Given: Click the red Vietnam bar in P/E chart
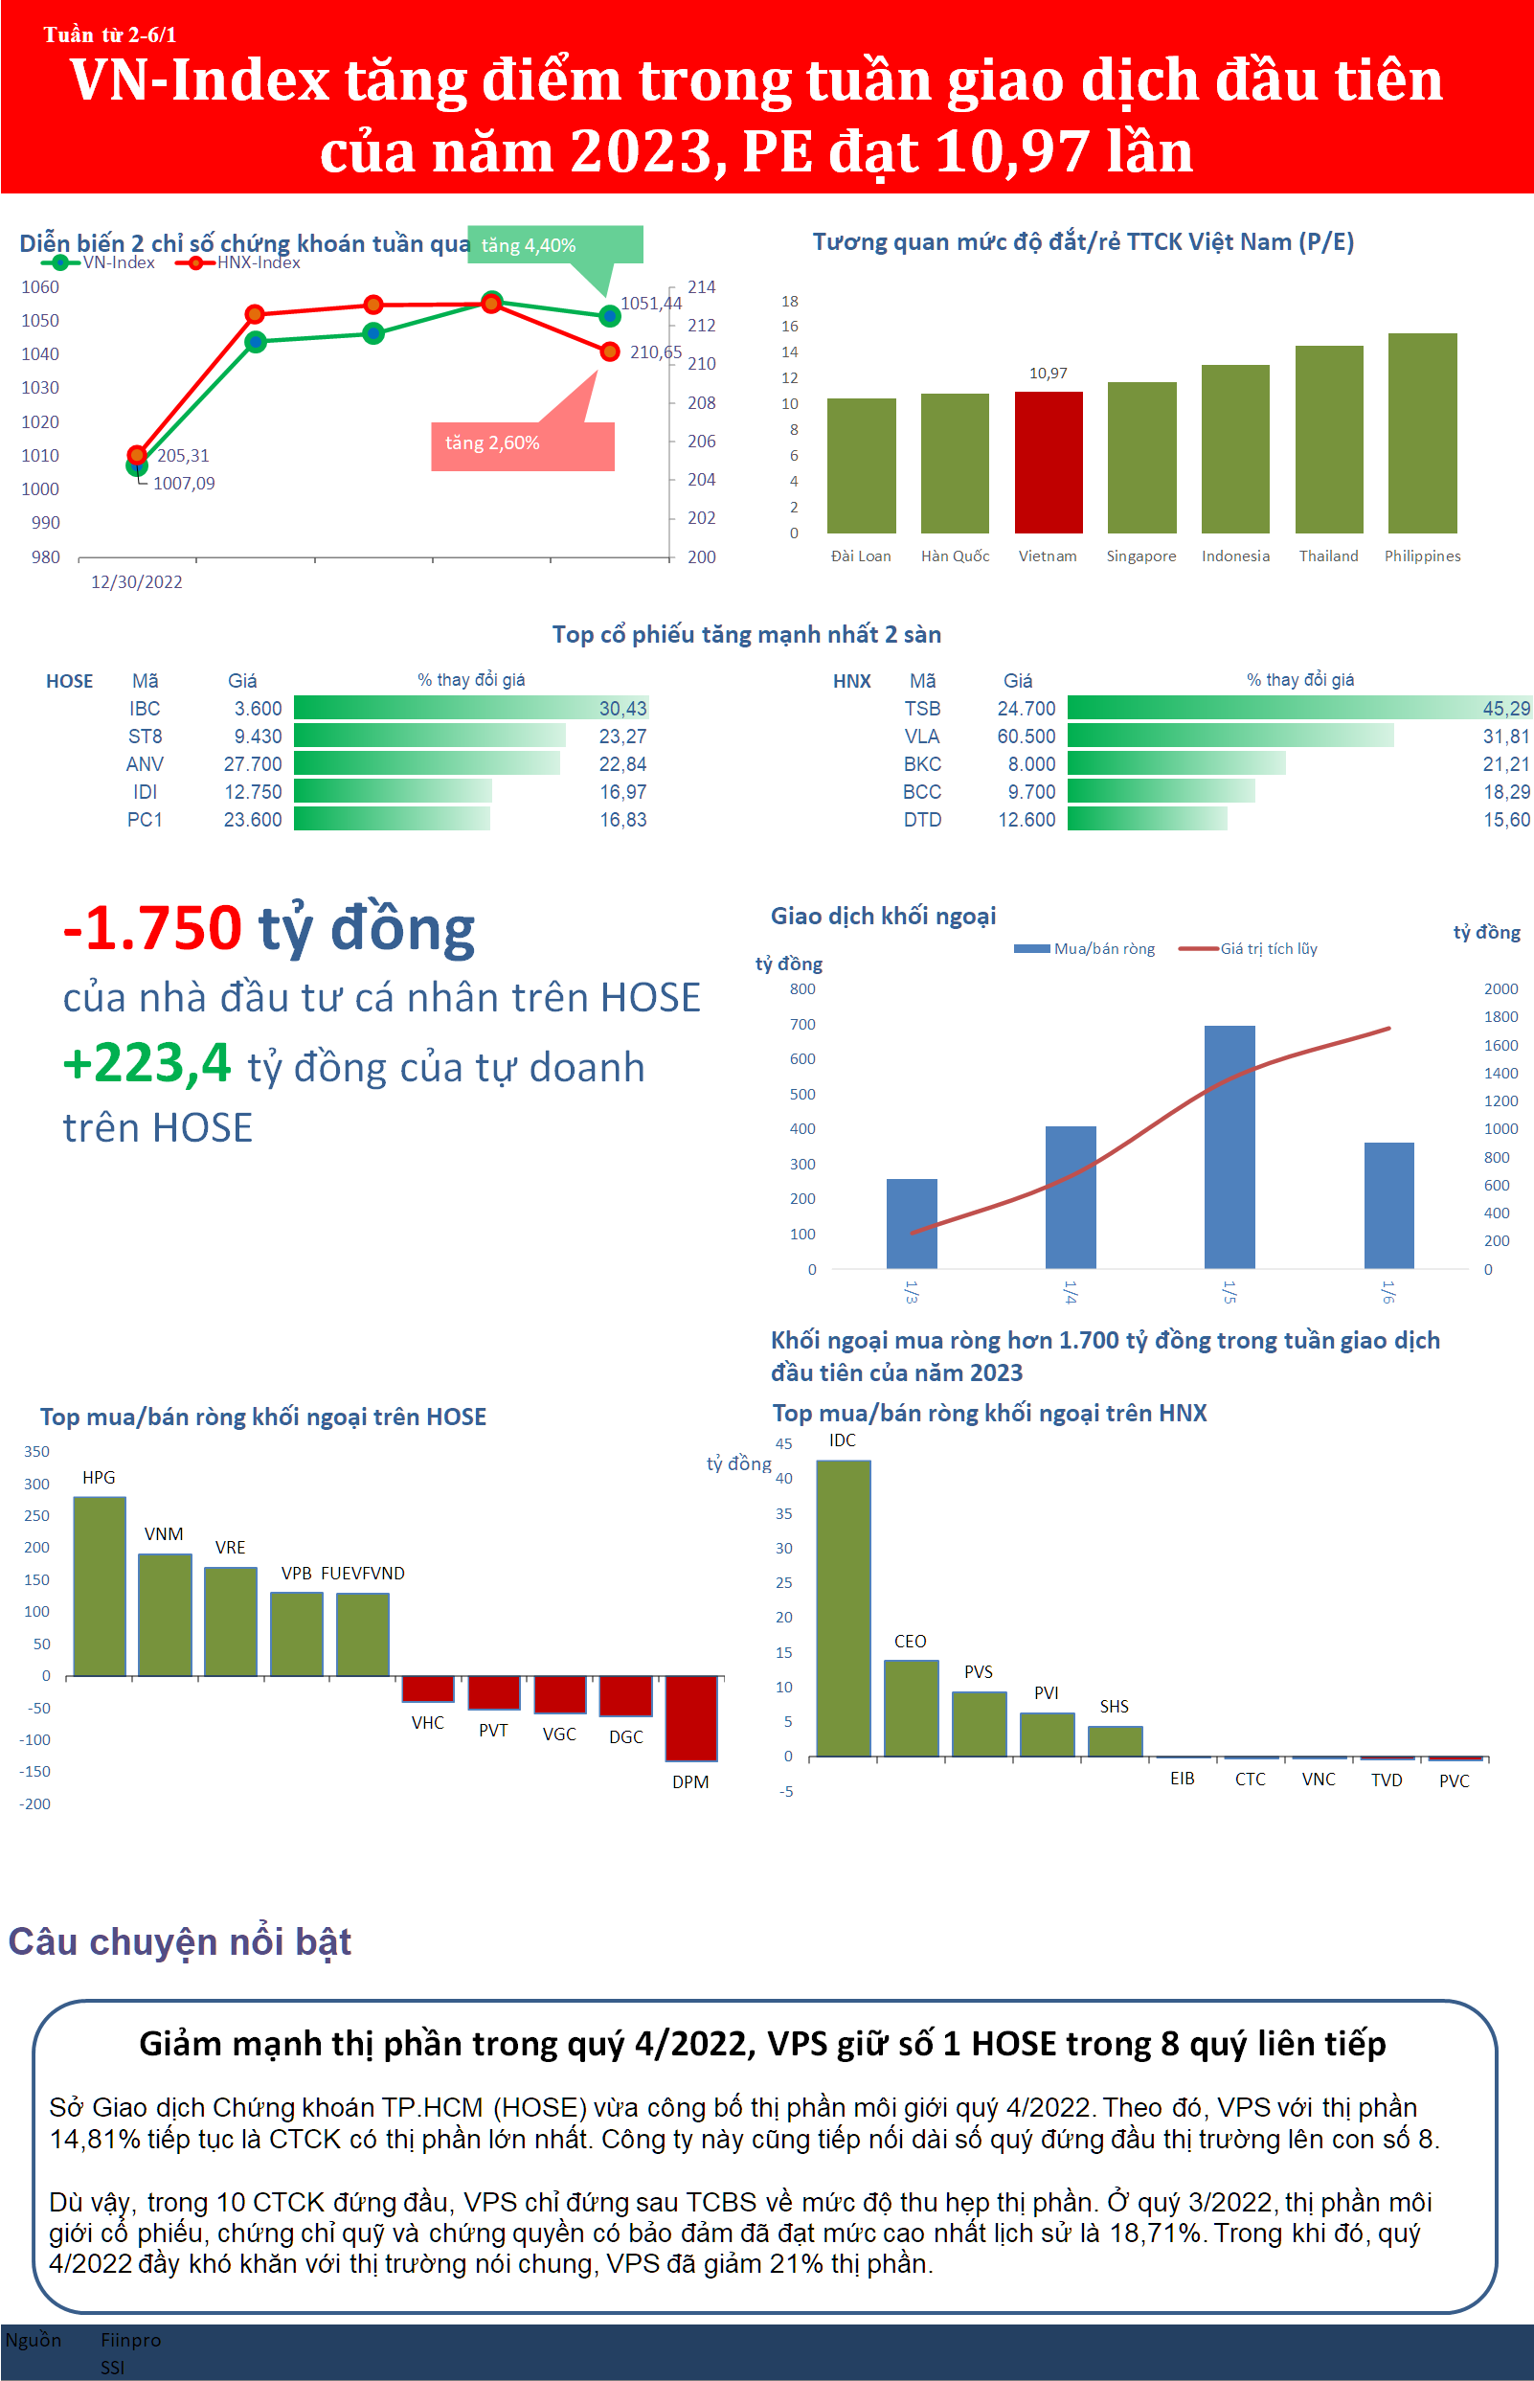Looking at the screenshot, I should tap(1048, 463).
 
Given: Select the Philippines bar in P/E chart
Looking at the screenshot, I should tap(1421, 433).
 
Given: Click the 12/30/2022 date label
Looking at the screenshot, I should tap(137, 581).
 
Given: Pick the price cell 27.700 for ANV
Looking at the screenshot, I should tap(253, 764).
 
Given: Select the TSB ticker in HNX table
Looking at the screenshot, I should tap(921, 709).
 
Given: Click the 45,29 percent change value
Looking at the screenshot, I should tap(1505, 709).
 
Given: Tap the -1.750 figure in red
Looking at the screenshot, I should tap(152, 927).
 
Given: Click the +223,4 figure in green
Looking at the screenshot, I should tap(147, 1063).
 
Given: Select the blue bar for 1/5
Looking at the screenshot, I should tap(1229, 1145).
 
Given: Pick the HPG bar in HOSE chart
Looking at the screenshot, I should tap(100, 1585).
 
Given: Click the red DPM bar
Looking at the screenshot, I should tap(690, 1717).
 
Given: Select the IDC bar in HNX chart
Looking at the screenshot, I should tap(843, 1607).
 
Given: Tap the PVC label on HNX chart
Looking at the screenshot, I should tap(1454, 1780).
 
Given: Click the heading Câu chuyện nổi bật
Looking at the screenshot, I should tap(179, 1941).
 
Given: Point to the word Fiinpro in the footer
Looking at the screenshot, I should tap(130, 2339).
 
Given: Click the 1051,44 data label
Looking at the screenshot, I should tap(650, 303).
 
